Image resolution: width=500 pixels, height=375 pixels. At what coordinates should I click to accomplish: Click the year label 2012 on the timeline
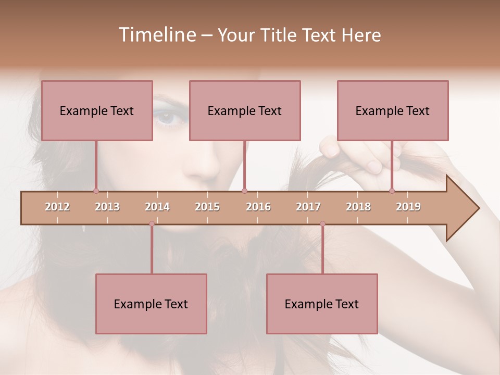57,207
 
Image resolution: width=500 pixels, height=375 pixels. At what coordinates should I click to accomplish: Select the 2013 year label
107,207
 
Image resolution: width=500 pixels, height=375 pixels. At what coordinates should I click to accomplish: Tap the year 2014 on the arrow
157,207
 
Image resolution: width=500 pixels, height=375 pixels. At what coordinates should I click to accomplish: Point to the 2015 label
207,207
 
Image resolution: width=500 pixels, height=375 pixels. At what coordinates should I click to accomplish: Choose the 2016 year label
258,207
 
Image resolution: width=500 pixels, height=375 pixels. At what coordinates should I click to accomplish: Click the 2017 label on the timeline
308,207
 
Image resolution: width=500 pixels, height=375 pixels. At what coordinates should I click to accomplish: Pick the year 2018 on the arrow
358,207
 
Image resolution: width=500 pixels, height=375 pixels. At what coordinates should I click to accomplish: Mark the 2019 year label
408,207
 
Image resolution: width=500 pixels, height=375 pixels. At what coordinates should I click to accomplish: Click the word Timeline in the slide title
156,35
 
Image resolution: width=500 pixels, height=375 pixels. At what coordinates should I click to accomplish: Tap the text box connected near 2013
97,110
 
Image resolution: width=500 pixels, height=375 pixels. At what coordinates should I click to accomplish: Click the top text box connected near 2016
245,110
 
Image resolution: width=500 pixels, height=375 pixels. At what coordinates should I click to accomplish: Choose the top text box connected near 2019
393,110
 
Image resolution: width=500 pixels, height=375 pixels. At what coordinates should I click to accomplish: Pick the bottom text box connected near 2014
151,304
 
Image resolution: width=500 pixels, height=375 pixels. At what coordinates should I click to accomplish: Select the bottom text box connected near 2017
322,304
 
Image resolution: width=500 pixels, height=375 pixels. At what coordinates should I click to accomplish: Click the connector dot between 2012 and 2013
96,191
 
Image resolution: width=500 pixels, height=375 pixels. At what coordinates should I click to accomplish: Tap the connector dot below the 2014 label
152,224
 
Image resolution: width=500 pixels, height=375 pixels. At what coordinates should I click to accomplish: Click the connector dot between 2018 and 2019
392,191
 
